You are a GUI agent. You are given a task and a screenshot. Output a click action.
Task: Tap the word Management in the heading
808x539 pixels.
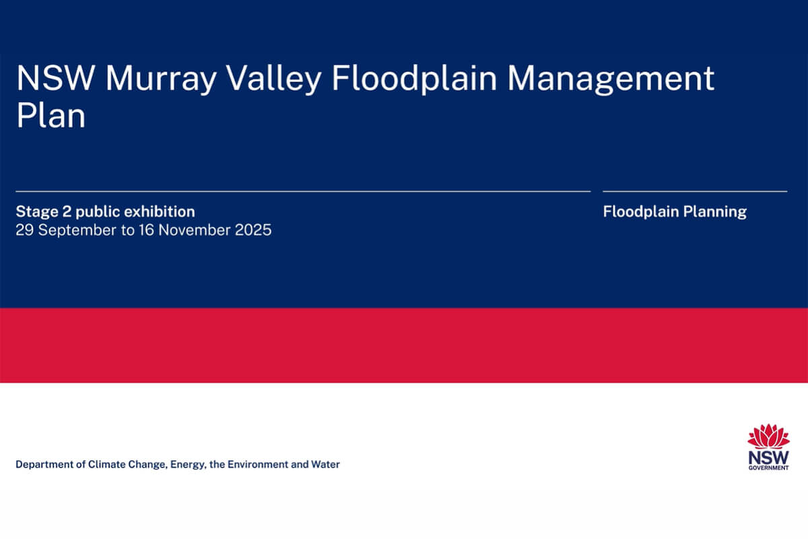pyautogui.click(x=611, y=79)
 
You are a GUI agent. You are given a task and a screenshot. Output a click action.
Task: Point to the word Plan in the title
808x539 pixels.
pyautogui.click(x=50, y=116)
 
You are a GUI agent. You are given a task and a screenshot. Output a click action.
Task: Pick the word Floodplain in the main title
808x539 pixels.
pyautogui.click(x=415, y=79)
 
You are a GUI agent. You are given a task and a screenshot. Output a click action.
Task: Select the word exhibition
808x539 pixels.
pyautogui.click(x=161, y=212)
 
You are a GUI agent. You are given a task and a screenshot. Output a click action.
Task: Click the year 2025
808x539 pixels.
pyautogui.click(x=252, y=230)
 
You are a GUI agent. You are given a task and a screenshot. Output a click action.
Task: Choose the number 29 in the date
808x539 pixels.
pyautogui.click(x=24, y=230)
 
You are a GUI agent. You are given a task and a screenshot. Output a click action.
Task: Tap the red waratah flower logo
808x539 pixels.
pyautogui.click(x=768, y=436)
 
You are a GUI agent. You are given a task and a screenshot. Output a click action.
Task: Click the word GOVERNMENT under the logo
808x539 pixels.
pyautogui.click(x=768, y=467)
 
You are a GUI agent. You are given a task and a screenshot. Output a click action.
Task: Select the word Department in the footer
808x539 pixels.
pyautogui.click(x=43, y=464)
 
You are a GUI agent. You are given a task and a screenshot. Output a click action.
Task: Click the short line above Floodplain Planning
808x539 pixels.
pyautogui.click(x=694, y=191)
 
